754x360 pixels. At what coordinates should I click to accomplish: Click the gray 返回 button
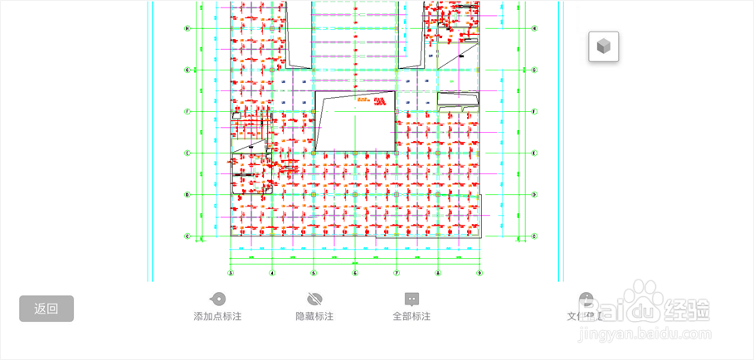(x=46, y=309)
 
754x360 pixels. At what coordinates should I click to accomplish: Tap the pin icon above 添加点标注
(x=217, y=299)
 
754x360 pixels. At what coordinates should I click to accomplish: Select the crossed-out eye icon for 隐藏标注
(x=314, y=299)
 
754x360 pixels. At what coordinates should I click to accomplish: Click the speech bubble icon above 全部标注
(x=411, y=299)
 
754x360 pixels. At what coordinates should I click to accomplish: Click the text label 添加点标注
(x=217, y=317)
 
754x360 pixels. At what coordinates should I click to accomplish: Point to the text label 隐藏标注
(x=314, y=317)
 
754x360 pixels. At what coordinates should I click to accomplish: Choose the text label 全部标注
(x=411, y=317)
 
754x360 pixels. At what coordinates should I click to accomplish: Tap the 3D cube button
(x=604, y=46)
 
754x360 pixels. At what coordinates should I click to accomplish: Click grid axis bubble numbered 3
(x=231, y=273)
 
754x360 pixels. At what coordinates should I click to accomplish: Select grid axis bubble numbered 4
(x=272, y=273)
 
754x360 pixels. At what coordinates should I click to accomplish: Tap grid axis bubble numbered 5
(x=314, y=273)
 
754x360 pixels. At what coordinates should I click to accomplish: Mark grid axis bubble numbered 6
(x=355, y=273)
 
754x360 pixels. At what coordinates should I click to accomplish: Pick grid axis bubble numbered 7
(x=396, y=273)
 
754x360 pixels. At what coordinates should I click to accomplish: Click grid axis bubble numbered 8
(x=438, y=273)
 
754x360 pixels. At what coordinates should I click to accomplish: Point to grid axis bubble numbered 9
(x=479, y=273)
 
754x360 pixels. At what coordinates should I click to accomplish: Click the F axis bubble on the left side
(x=187, y=111)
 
